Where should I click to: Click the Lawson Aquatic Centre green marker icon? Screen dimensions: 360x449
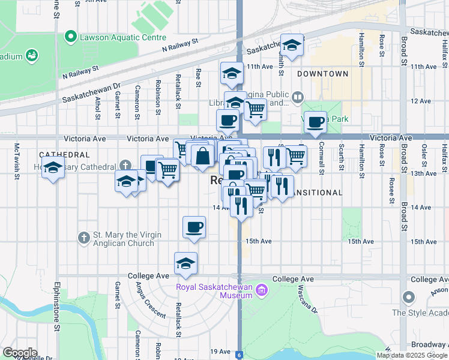tap(71, 37)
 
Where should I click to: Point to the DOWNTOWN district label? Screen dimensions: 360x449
tap(322, 74)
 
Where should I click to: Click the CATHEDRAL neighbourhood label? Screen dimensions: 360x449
tap(65, 155)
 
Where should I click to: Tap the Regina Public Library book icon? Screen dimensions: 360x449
tap(298, 97)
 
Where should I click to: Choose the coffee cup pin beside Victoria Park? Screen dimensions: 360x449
tap(315, 122)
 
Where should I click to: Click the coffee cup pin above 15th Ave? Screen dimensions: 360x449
tap(193, 227)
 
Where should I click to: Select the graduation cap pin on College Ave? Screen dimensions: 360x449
tap(186, 263)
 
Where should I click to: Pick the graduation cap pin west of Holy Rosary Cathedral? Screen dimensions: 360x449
tap(53, 170)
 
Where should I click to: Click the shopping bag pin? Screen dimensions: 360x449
tap(204, 155)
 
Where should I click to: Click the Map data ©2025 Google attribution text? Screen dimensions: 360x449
tap(411, 355)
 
